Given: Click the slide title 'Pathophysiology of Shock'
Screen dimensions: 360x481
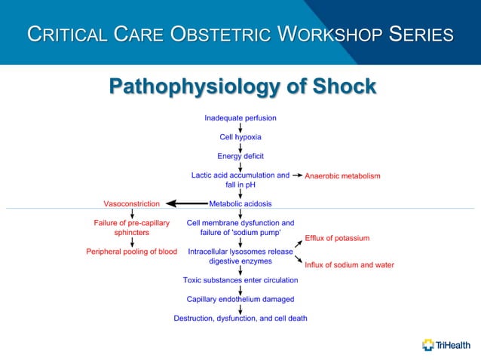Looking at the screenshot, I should (x=242, y=87).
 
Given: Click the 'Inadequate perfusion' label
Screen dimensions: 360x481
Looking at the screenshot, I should (x=240, y=118).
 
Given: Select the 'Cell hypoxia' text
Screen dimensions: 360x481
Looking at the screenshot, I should (x=240, y=137).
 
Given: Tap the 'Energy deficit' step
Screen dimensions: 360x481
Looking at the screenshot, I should (x=240, y=156).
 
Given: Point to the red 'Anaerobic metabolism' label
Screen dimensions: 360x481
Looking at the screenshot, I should (x=342, y=175).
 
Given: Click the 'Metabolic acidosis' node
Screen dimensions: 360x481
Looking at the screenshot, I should (x=240, y=203).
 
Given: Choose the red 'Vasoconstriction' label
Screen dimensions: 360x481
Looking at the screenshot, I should (x=131, y=203).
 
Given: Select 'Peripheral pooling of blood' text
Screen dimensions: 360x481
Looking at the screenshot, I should (x=131, y=252).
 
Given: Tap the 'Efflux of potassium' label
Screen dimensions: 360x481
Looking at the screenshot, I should (x=337, y=238).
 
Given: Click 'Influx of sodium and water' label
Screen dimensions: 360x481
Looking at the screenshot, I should (x=349, y=265).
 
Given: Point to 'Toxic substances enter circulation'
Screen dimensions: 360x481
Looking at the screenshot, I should (x=240, y=280).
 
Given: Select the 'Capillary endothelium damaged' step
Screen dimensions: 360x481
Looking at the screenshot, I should (x=240, y=299).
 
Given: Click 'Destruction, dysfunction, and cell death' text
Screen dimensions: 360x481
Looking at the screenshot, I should (x=240, y=318).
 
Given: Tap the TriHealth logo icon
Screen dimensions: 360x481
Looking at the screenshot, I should (x=428, y=345).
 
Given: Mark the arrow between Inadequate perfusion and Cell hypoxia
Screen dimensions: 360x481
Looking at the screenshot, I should (x=240, y=127).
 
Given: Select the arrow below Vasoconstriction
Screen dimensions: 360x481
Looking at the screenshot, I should (x=132, y=214).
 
